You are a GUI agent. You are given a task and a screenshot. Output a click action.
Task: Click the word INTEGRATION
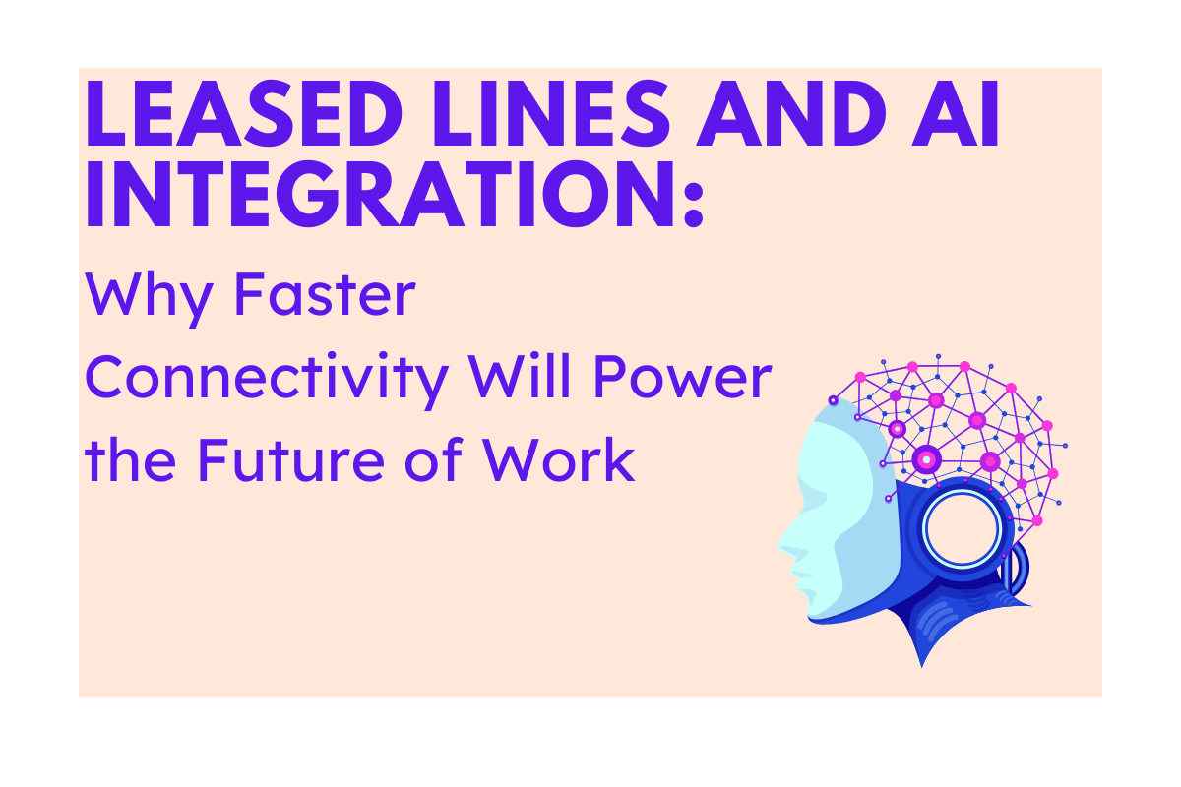click(x=375, y=196)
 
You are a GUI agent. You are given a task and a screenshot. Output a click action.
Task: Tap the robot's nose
click(x=784, y=541)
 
